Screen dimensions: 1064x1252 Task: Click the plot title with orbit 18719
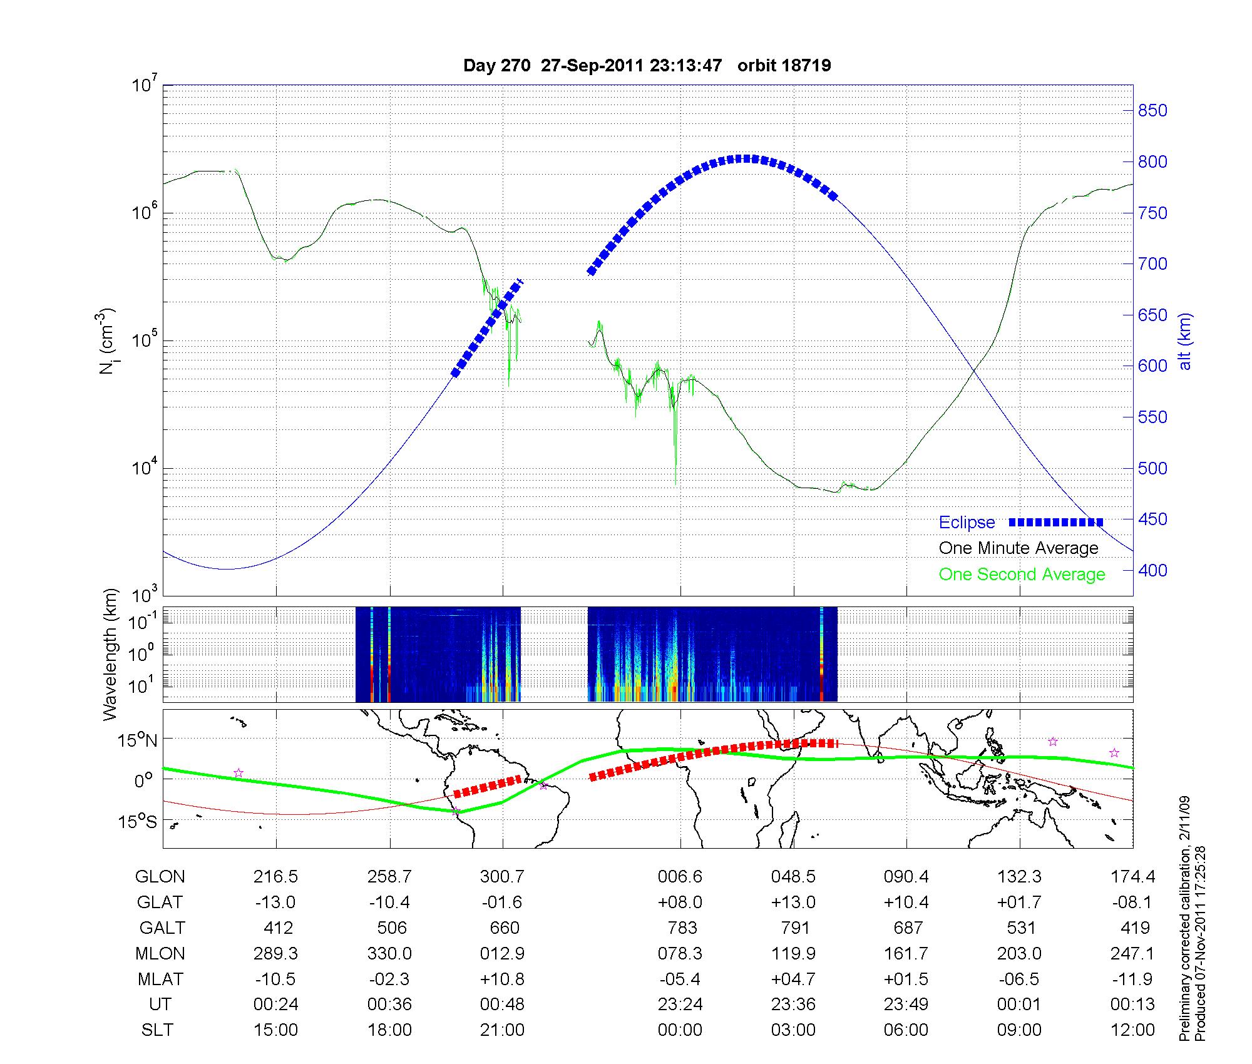pyautogui.click(x=647, y=66)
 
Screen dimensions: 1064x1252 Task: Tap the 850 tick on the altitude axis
pyautogui.click(x=1152, y=111)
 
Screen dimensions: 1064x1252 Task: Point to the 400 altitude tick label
pyautogui.click(x=1152, y=571)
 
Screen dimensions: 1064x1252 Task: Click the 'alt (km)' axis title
pyautogui.click(x=1185, y=341)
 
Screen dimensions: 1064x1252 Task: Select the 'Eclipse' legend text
pyautogui.click(x=967, y=523)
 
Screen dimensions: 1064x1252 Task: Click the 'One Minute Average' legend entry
pyautogui.click(x=1019, y=548)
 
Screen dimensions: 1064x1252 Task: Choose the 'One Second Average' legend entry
pyautogui.click(x=1022, y=575)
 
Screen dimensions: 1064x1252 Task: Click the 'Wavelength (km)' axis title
pyautogui.click(x=111, y=654)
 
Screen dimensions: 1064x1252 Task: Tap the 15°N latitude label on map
pyautogui.click(x=138, y=741)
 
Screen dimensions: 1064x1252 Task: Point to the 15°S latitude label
pyautogui.click(x=138, y=821)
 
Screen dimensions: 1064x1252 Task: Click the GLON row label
pyautogui.click(x=160, y=877)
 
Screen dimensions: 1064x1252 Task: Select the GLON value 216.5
pyautogui.click(x=275, y=877)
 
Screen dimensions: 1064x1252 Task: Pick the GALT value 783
pyautogui.click(x=682, y=928)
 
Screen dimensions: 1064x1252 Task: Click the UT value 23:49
pyautogui.click(x=906, y=1005)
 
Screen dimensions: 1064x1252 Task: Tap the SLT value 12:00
pyautogui.click(x=1132, y=1030)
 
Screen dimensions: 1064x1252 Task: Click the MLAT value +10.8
pyautogui.click(x=501, y=979)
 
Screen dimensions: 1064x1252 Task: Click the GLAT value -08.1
pyautogui.click(x=1132, y=903)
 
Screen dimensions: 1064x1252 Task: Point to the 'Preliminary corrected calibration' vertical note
pyautogui.click(x=1184, y=920)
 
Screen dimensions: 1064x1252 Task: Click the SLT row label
pyautogui.click(x=157, y=1030)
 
